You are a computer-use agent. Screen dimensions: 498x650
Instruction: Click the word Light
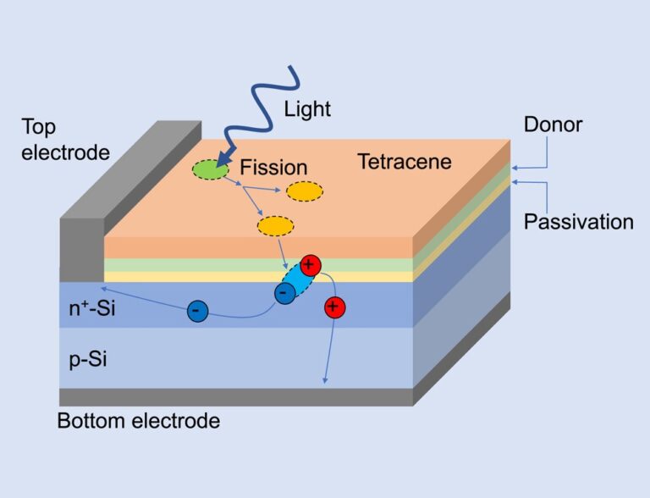coord(307,108)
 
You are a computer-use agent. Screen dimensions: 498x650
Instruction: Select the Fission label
coord(273,168)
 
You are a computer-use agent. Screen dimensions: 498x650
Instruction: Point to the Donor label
coord(554,125)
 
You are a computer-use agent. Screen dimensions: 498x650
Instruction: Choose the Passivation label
coord(578,222)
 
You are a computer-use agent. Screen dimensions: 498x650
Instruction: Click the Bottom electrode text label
coord(139,421)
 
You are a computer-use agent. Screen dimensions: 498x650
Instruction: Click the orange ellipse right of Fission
coord(304,191)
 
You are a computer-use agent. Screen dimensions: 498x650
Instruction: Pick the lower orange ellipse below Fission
coord(275,226)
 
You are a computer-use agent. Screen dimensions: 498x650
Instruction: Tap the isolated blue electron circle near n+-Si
coord(196,312)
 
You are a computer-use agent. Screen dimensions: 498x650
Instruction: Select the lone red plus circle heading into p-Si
coord(334,306)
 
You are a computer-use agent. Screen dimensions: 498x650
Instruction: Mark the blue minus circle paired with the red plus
coord(285,292)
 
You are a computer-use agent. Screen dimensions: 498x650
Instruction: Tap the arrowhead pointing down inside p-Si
coord(325,380)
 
